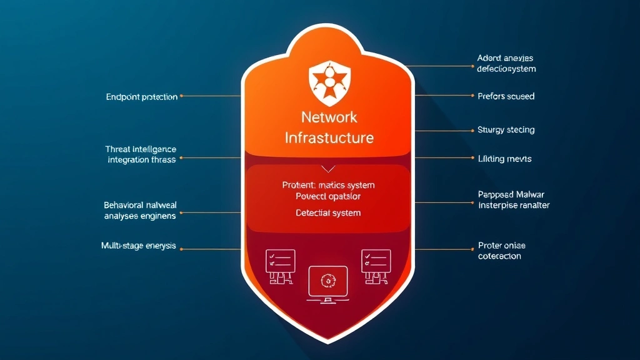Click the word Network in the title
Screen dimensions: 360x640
coord(329,117)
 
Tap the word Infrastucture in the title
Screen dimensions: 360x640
coord(329,137)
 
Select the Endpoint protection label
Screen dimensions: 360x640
coord(142,97)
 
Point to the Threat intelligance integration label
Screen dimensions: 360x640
coord(141,154)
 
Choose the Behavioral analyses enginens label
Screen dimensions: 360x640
coord(139,210)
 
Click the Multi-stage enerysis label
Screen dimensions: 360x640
coord(138,246)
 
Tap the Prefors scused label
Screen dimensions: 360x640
coord(506,96)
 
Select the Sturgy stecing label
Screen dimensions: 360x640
coord(506,130)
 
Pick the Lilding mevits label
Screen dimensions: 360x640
coord(504,159)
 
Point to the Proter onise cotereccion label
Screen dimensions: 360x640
coord(502,251)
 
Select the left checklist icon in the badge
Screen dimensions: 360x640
coord(280,265)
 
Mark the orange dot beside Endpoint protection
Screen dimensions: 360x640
coord(182,96)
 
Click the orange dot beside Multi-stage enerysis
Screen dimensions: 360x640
coord(182,249)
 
